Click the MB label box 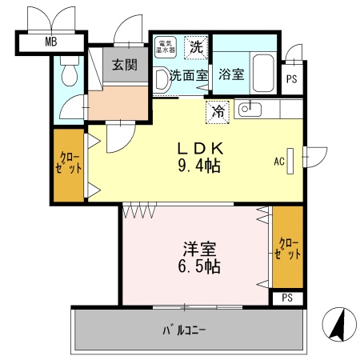(x=50, y=42)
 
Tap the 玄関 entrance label (x=123, y=65)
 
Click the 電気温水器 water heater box (x=166, y=46)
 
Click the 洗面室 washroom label (x=188, y=76)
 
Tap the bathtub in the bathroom (x=263, y=73)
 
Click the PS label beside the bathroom (x=292, y=78)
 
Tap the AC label (x=279, y=162)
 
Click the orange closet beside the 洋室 (x=288, y=247)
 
